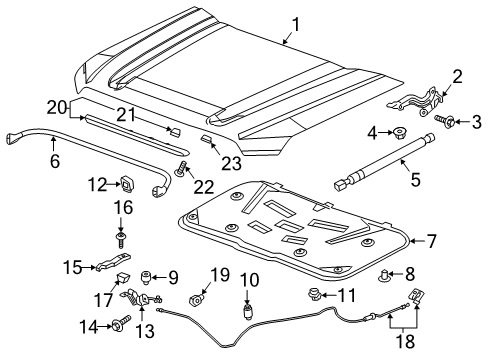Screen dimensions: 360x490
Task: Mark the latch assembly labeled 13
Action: coord(144,299)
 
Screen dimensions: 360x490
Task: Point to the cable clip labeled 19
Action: coord(196,300)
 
